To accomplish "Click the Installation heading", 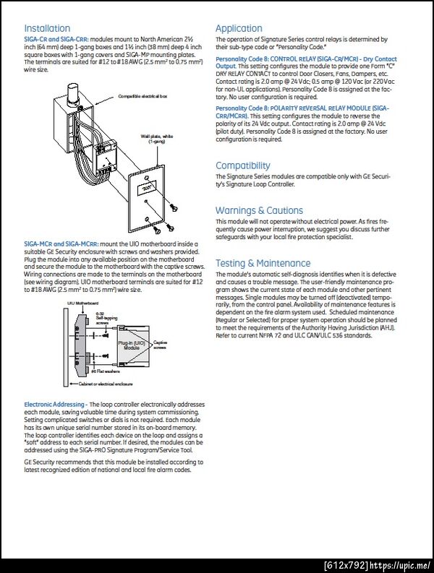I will coord(47,29).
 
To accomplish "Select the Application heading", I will coord(239,29).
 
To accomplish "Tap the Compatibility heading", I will coord(243,165).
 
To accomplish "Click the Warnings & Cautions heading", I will coord(259,210).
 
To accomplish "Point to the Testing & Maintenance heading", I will coord(263,263).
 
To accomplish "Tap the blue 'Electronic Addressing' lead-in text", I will coord(56,403).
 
